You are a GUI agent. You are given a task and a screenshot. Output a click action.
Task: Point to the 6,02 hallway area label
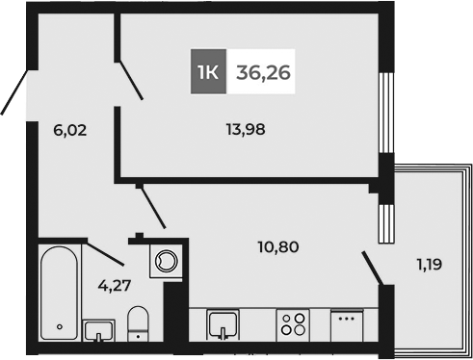click(69, 130)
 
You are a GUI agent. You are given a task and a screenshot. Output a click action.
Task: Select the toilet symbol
click(140, 324)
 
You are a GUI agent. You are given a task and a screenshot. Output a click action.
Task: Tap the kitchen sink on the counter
click(223, 324)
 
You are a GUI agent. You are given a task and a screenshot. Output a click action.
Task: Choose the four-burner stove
click(294, 324)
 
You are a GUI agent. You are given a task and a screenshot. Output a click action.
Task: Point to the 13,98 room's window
click(387, 111)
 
